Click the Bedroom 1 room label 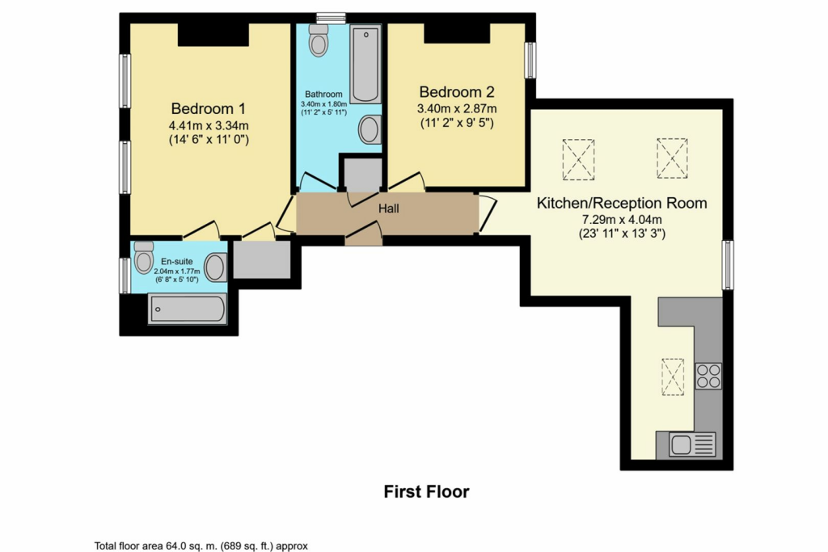(208, 109)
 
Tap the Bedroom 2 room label (457, 92)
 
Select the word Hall (389, 209)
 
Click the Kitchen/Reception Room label (622, 203)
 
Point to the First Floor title (426, 492)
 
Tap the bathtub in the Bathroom (365, 64)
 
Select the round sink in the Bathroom (370, 129)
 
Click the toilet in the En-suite (144, 257)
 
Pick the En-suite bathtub (188, 309)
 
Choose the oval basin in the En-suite (215, 268)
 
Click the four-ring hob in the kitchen (708, 377)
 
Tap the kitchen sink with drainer (686, 445)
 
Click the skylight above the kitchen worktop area (673, 377)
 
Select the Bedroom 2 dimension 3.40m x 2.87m (457, 109)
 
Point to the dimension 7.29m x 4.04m (622, 220)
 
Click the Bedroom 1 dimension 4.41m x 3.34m (209, 125)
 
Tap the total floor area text (201, 546)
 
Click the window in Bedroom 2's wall (530, 61)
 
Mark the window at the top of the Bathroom (331, 18)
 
